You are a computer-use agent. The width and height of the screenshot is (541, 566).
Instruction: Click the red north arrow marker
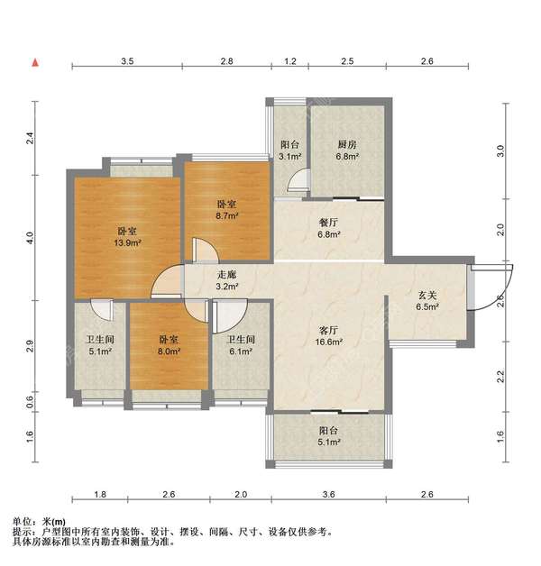(35, 63)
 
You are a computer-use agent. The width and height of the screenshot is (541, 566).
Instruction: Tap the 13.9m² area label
(127, 242)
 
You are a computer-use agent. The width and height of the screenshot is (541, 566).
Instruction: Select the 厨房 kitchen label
(347, 145)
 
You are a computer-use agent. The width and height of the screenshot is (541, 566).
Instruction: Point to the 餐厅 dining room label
(328, 223)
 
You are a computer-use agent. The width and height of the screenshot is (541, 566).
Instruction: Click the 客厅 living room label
(328, 330)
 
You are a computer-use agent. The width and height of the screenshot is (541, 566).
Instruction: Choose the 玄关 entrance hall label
(427, 296)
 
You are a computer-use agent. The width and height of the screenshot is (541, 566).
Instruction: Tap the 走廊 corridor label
(226, 275)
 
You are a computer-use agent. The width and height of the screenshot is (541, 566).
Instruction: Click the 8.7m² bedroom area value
(226, 216)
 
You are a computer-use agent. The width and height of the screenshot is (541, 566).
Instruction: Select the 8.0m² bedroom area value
(169, 351)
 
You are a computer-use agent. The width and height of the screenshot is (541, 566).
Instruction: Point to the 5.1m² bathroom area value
(100, 351)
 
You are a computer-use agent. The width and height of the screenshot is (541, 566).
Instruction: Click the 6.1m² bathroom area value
(241, 351)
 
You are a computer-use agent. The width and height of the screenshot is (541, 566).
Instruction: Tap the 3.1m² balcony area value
(290, 157)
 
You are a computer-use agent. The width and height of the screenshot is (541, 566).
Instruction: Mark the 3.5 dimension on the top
(127, 61)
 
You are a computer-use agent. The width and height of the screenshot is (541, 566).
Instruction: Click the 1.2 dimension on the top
(290, 61)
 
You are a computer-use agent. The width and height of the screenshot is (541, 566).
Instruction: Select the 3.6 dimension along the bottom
(328, 494)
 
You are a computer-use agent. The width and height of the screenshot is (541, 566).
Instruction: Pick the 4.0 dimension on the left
(31, 238)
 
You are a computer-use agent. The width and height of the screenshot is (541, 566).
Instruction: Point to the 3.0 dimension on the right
(500, 151)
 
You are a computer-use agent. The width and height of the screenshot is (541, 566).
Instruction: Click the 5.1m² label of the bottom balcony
(329, 442)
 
